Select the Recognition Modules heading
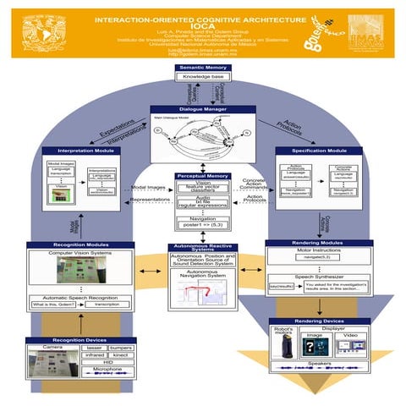click(79, 244)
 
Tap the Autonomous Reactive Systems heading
click(202, 247)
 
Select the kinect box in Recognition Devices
click(121, 356)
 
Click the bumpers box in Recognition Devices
click(121, 348)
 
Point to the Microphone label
click(107, 370)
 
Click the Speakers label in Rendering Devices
click(320, 364)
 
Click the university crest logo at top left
click(36, 30)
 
